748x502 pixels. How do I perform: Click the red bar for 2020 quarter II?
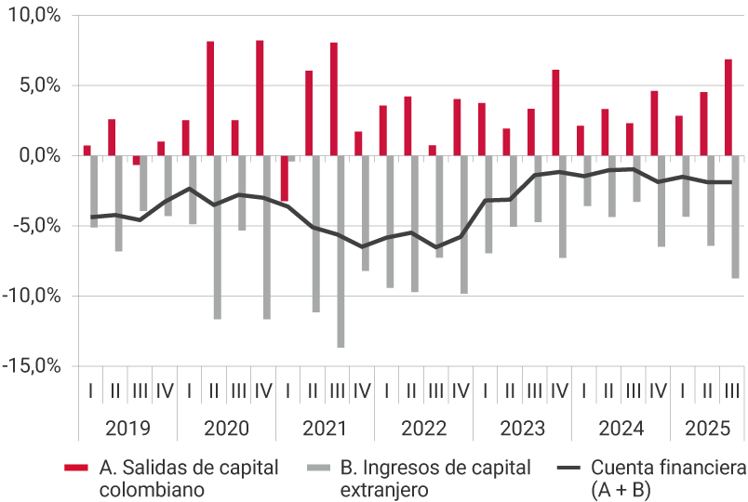(x=210, y=99)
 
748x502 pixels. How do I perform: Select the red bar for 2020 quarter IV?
(x=260, y=98)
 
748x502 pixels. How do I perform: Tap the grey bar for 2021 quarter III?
(x=341, y=251)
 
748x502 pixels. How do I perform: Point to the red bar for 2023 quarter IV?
(x=555, y=112)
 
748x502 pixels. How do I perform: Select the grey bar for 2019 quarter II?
(x=119, y=203)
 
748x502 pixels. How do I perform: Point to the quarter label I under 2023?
(x=486, y=391)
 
